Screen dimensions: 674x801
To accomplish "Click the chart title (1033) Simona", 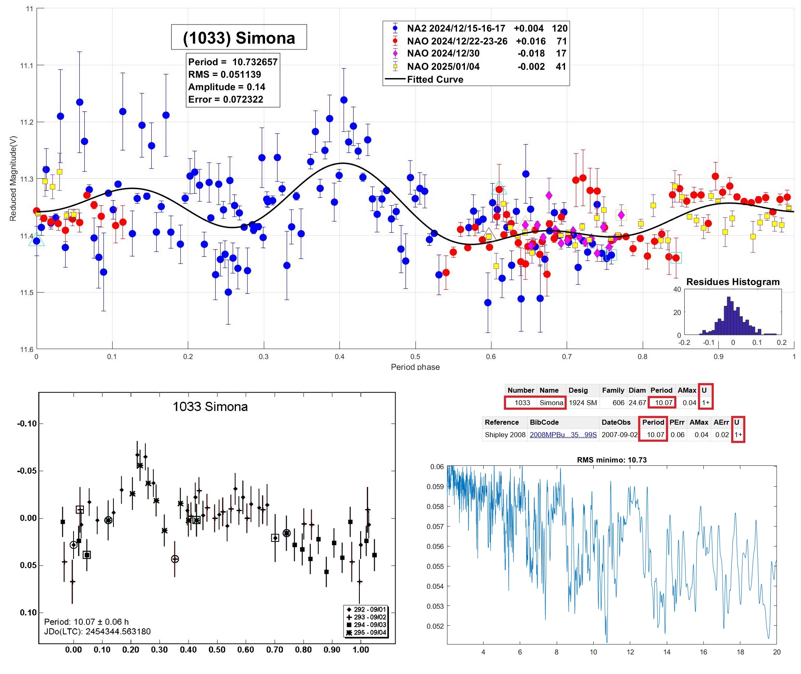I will pyautogui.click(x=239, y=38).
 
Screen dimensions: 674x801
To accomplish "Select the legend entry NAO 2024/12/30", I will pyautogui.click(x=443, y=54).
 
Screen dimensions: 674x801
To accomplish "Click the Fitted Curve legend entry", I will pyautogui.click(x=435, y=79).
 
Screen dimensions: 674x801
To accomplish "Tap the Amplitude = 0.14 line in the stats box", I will pyautogui.click(x=226, y=87).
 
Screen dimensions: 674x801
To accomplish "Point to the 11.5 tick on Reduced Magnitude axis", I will pyautogui.click(x=27, y=293).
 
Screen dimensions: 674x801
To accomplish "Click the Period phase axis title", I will pyautogui.click(x=415, y=367).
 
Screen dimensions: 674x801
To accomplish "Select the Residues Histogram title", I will pyautogui.click(x=733, y=282).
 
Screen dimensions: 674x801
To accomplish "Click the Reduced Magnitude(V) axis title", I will pyautogui.click(x=13, y=178).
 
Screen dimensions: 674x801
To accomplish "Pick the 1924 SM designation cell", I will pyautogui.click(x=582, y=403).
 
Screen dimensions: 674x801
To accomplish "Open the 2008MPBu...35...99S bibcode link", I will pyautogui.click(x=563, y=435).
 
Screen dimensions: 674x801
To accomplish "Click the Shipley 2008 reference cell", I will pyautogui.click(x=505, y=435).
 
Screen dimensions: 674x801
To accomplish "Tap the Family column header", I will pyautogui.click(x=613, y=390).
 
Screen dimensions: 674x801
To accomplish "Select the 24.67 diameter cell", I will pyautogui.click(x=637, y=403).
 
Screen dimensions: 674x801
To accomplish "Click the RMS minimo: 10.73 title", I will pyautogui.click(x=612, y=460).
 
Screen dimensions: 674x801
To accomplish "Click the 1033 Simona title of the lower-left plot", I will pyautogui.click(x=210, y=406).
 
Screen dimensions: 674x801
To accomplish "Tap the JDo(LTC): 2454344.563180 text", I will pyautogui.click(x=97, y=632).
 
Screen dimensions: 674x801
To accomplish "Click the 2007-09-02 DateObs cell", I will pyautogui.click(x=619, y=435).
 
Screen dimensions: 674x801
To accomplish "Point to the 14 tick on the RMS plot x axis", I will pyautogui.click(x=667, y=652).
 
